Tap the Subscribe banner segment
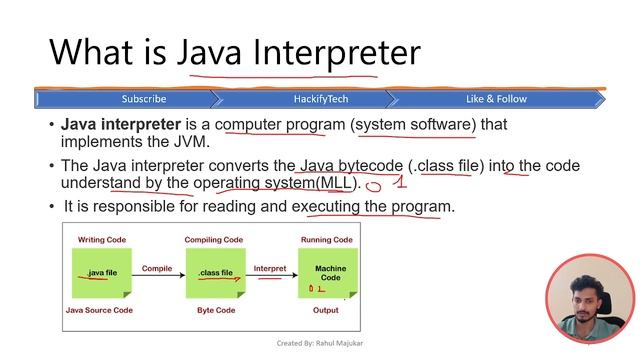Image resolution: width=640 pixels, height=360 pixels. point(144,99)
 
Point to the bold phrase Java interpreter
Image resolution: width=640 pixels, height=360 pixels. point(121,125)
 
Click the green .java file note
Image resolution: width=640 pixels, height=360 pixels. point(101,272)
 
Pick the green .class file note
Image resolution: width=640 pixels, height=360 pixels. point(215,272)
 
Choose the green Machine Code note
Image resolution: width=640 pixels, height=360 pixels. point(329,272)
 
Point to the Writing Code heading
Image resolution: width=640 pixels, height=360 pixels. point(102,240)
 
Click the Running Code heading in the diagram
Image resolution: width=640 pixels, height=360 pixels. point(327,240)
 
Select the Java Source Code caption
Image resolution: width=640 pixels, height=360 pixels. point(102,311)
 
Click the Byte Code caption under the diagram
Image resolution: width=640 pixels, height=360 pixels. point(215,311)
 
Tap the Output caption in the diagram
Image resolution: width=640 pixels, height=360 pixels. point(327,311)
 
